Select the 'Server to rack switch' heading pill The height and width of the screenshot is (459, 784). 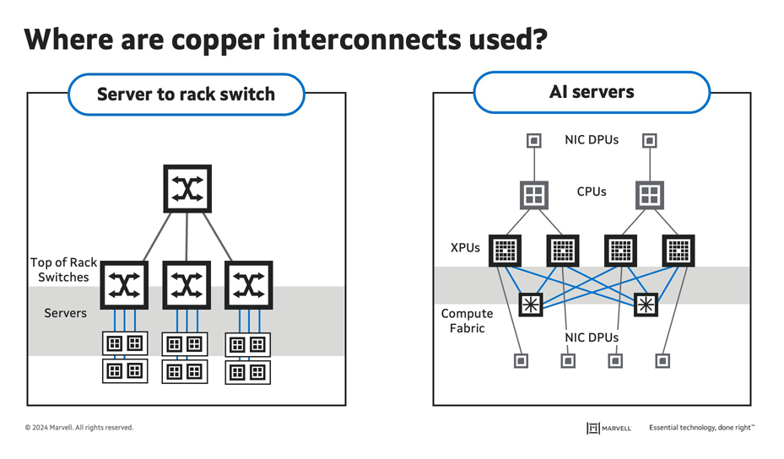(x=186, y=94)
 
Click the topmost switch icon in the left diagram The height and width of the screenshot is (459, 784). (x=187, y=188)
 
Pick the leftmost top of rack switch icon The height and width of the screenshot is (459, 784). (x=125, y=285)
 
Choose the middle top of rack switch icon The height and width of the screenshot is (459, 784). (x=187, y=285)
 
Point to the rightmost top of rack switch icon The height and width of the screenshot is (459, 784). (x=248, y=285)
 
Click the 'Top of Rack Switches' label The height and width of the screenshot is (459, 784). (x=63, y=270)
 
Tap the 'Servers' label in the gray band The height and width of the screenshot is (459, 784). (x=65, y=313)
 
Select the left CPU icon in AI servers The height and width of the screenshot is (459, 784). (x=533, y=195)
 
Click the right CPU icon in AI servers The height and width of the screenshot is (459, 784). (x=649, y=195)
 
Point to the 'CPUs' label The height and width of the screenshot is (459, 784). (x=591, y=192)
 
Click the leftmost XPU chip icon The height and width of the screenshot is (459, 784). (x=505, y=251)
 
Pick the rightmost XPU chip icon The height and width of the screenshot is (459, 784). (x=679, y=251)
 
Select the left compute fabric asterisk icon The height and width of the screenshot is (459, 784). (x=531, y=305)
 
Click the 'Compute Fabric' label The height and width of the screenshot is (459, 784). (x=467, y=321)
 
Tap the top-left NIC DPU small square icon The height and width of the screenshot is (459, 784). (x=533, y=141)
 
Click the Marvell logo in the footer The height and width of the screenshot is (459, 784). (x=609, y=428)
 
